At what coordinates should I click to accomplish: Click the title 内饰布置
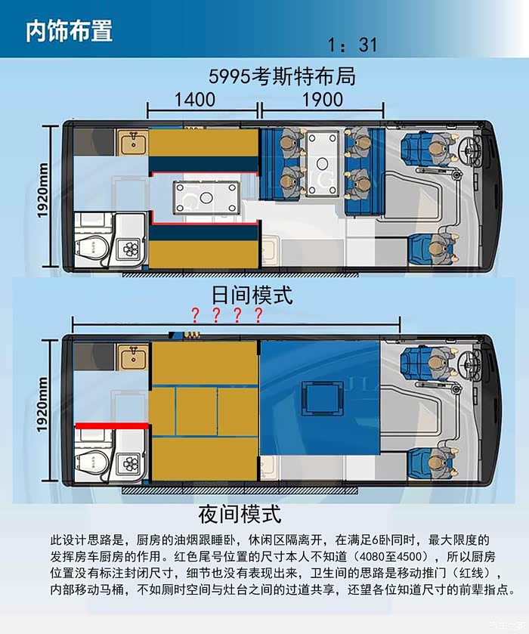(69, 31)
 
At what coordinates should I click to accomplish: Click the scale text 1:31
(352, 45)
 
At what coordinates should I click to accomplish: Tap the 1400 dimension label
(194, 100)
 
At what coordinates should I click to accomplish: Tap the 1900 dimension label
(323, 100)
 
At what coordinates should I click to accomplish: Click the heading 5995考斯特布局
(282, 76)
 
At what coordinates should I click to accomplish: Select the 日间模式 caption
(252, 295)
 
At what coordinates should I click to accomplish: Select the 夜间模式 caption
(240, 514)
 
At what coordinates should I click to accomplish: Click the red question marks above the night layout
(227, 315)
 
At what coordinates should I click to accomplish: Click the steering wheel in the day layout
(470, 150)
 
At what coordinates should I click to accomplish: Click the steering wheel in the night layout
(470, 364)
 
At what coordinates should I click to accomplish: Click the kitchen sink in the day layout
(133, 142)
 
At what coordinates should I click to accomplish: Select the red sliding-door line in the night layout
(112, 425)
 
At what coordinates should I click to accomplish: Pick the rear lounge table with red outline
(206, 198)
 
